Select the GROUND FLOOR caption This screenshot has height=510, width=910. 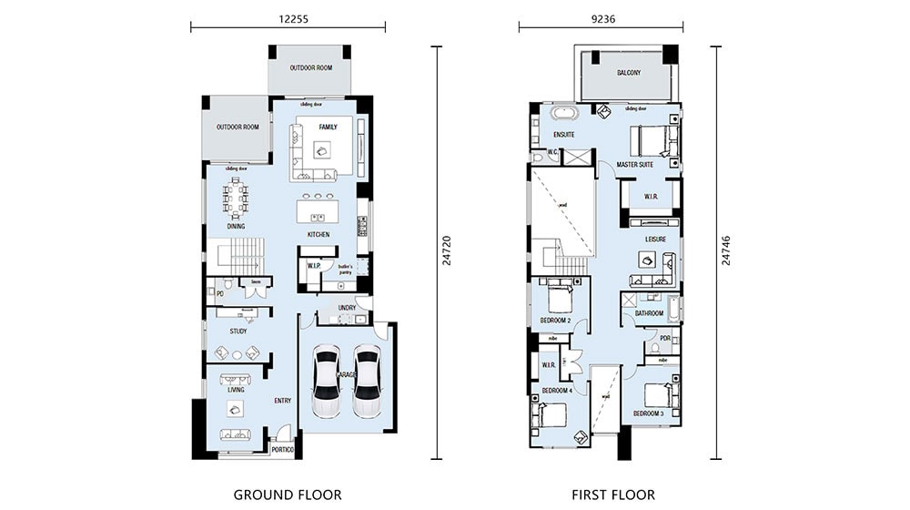click(x=288, y=495)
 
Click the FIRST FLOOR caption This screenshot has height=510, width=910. click(x=612, y=495)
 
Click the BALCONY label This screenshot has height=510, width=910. click(x=629, y=73)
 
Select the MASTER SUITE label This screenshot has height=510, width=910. click(x=636, y=165)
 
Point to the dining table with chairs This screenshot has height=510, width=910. click(x=236, y=198)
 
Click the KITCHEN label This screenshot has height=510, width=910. click(x=318, y=235)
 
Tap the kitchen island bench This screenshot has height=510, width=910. click(x=318, y=216)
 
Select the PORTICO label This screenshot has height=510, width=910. click(x=283, y=449)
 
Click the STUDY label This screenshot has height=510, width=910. click(x=238, y=331)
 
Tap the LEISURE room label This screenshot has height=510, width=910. click(x=656, y=240)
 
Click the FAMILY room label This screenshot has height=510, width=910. click(x=328, y=127)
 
